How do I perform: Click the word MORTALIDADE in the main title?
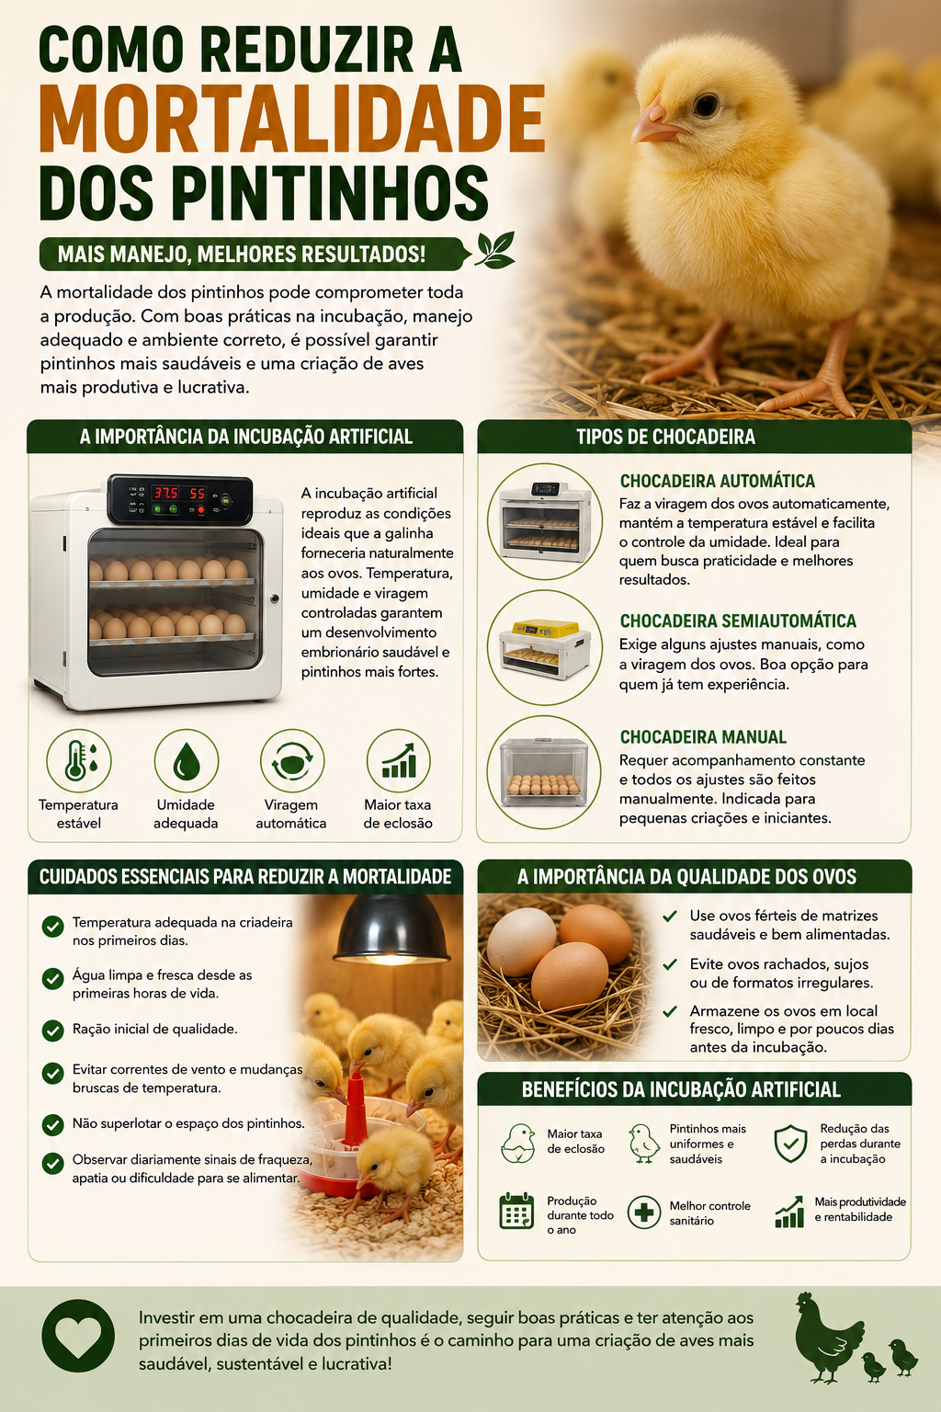coord(292,120)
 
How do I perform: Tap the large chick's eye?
coord(706,105)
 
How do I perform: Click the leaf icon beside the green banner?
coord(495,250)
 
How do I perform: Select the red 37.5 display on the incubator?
coord(165,493)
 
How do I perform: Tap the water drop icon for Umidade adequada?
coord(186,761)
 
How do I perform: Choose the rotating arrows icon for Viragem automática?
coord(292,761)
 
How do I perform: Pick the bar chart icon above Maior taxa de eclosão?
coord(398,761)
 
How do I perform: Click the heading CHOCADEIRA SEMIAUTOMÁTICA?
coord(738,621)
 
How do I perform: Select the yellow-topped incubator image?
coord(545,648)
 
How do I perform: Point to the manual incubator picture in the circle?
coord(544,772)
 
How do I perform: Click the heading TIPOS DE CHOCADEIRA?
coord(665,437)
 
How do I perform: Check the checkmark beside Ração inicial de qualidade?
coord(53,1031)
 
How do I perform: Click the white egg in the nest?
coord(522,941)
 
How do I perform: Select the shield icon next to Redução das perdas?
coord(791,1144)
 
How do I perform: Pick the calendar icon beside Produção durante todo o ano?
coord(516,1211)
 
